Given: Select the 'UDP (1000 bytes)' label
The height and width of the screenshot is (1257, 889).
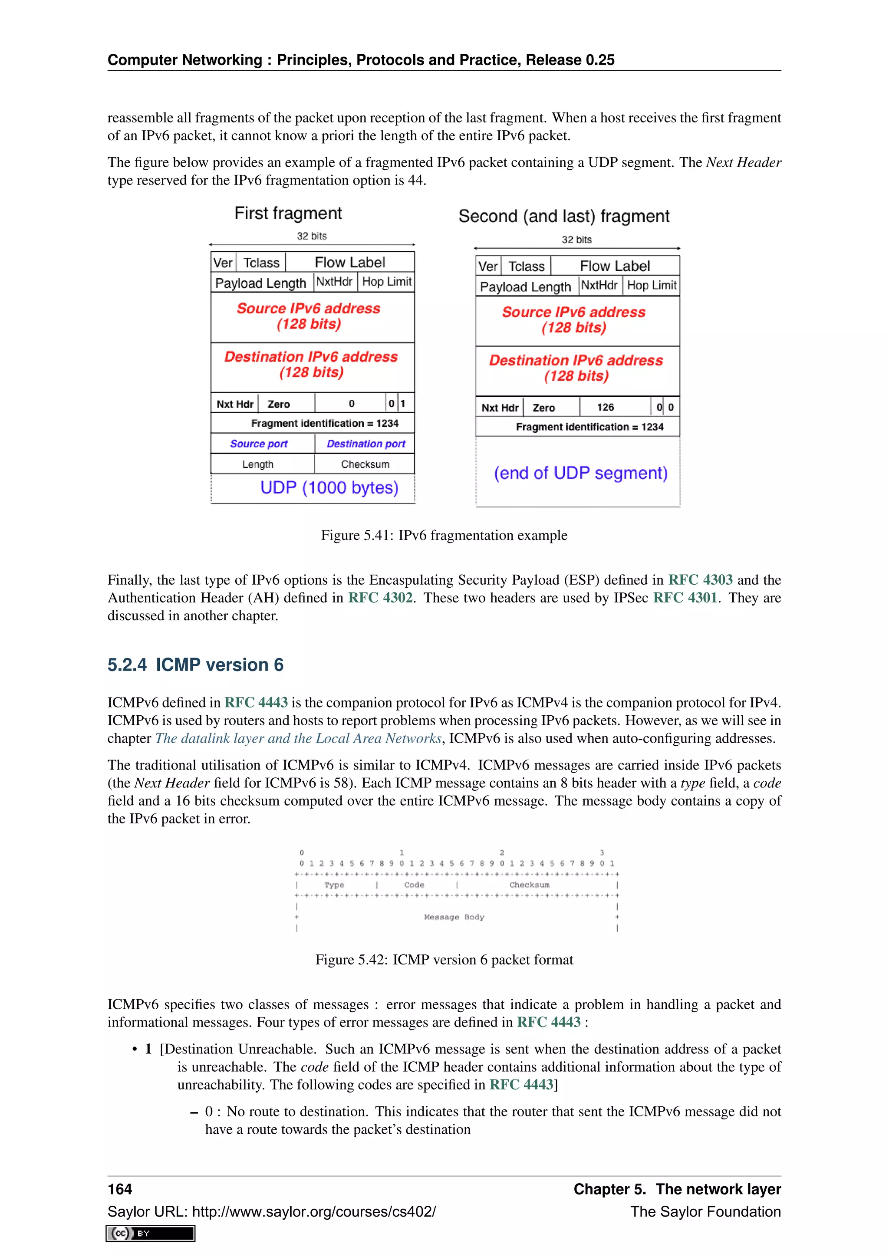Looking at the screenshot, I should [329, 488].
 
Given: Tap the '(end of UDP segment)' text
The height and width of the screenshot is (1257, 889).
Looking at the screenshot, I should [580, 473].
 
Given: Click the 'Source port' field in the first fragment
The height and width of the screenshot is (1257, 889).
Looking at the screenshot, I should [258, 444].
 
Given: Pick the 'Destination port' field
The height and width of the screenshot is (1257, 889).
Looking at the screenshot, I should [365, 444].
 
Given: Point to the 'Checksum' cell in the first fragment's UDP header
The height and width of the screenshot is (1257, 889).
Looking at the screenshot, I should [365, 464].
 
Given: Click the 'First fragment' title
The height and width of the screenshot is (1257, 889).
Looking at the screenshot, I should [288, 213].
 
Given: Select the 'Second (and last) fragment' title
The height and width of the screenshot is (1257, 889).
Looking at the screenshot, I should [564, 216].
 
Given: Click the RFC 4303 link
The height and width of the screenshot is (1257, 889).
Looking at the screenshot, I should [700, 580].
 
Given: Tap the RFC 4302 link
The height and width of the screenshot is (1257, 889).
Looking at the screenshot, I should [380, 598].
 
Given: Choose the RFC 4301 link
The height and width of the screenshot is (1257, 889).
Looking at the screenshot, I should [685, 598].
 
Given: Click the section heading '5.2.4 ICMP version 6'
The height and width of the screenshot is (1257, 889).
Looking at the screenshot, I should [195, 665].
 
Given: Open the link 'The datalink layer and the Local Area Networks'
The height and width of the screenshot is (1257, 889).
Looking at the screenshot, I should [298, 739].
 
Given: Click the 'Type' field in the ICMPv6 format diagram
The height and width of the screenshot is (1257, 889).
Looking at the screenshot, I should [334, 885].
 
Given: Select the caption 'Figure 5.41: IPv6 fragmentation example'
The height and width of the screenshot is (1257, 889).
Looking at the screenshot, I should [444, 536].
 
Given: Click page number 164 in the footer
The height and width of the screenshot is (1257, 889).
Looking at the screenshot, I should [120, 1189].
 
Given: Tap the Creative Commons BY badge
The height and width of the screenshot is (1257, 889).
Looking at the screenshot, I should [151, 1234].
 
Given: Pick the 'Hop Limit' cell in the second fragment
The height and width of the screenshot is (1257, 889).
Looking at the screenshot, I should [652, 285].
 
